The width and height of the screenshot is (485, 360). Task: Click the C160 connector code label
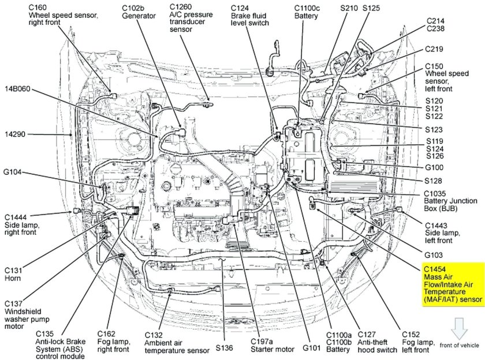point(38,7)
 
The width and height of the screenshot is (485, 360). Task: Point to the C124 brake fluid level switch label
point(251,17)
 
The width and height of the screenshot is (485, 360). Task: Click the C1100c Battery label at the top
point(306,12)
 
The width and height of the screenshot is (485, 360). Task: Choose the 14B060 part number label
point(19,89)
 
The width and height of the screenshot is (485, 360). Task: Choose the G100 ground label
point(436,167)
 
